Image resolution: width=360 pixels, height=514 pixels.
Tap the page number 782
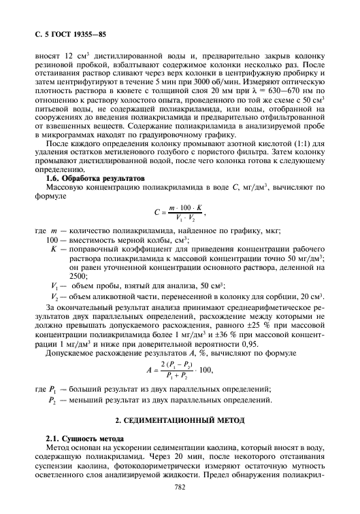pos(180,487)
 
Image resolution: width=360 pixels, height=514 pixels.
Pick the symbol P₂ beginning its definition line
pos(54,399)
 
